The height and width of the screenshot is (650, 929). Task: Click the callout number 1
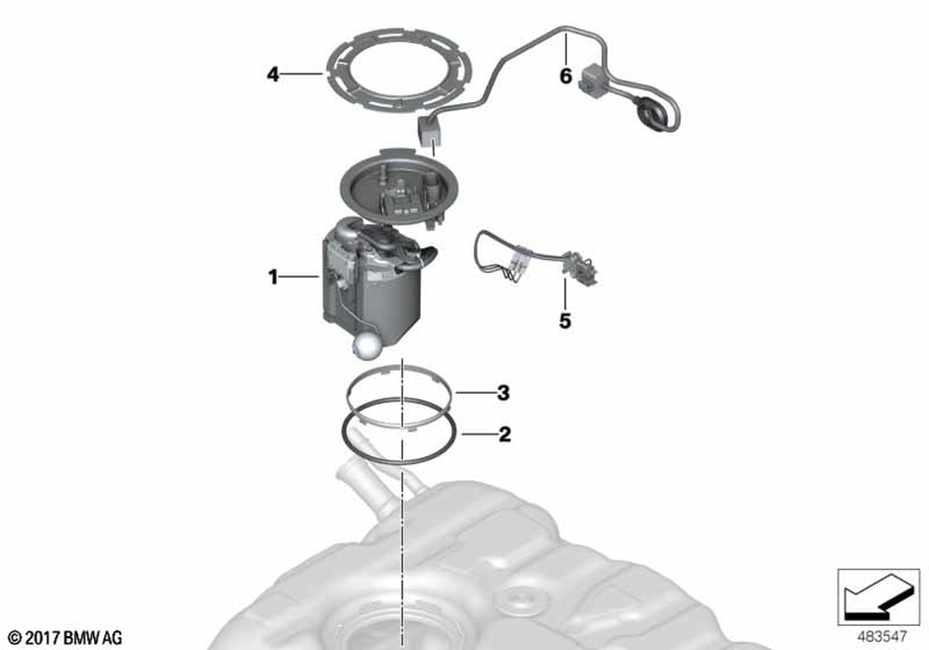(x=272, y=277)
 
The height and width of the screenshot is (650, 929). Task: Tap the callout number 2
(x=504, y=435)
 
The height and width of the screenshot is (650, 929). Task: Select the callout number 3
(x=503, y=393)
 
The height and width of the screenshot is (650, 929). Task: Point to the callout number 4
(x=272, y=74)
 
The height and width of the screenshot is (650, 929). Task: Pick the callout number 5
(x=565, y=321)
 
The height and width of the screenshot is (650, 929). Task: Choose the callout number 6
(x=566, y=76)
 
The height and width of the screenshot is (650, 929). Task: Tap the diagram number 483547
(x=882, y=636)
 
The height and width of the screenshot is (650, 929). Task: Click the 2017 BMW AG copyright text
(x=66, y=638)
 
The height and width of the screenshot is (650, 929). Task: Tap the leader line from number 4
(x=302, y=74)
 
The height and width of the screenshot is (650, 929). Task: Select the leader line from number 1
(x=300, y=276)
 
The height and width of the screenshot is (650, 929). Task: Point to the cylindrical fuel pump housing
(x=373, y=281)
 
